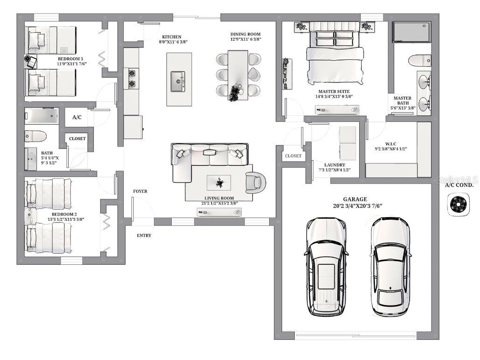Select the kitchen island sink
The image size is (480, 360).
pyautogui.click(x=178, y=81)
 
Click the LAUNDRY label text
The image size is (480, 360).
pyautogui.click(x=335, y=165)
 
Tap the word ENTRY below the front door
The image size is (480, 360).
pyautogui.click(x=144, y=235)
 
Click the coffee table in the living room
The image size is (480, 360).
pyautogui.click(x=219, y=182)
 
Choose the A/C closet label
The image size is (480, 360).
pyautogui.click(x=77, y=118)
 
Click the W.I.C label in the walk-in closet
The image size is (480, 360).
pyautogui.click(x=391, y=144)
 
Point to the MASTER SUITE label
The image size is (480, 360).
pyautogui.click(x=334, y=92)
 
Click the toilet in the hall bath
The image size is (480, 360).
pyautogui.click(x=35, y=136)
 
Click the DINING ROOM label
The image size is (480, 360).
pyautogui.click(x=245, y=34)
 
